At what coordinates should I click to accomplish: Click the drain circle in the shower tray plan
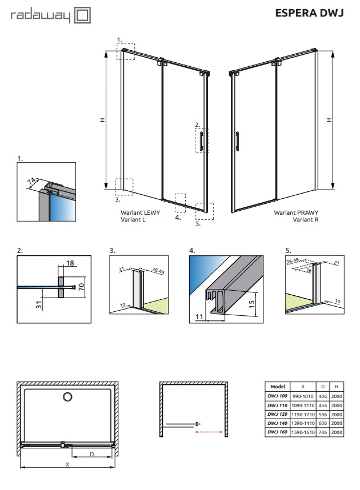(x=67, y=396)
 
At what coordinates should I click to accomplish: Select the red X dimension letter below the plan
(x=67, y=465)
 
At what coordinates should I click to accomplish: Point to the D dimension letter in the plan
(x=91, y=454)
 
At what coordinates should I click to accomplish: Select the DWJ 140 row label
(x=276, y=423)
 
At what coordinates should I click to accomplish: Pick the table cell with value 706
(x=323, y=432)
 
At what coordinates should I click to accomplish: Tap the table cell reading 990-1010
(x=303, y=396)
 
